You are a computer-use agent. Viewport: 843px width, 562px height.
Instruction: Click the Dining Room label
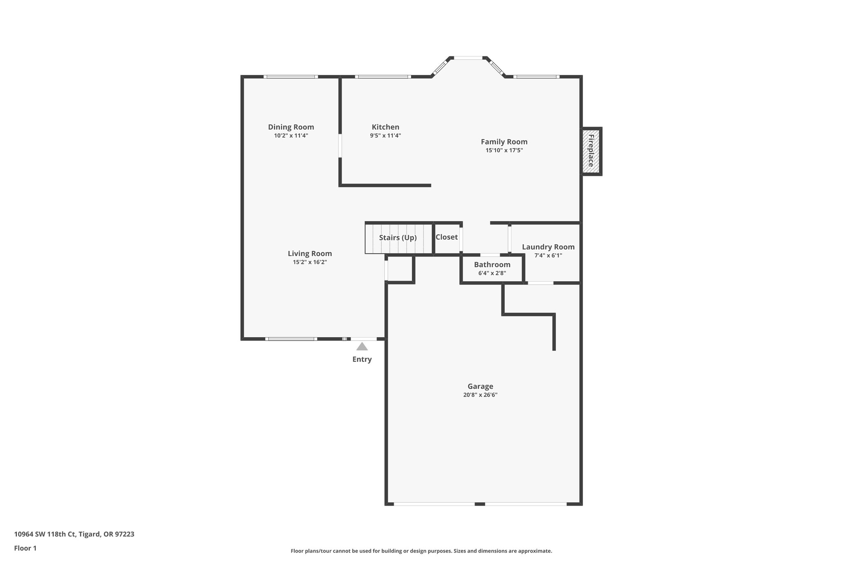(291, 127)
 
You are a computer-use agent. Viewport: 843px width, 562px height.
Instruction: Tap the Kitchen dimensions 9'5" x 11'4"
(385, 135)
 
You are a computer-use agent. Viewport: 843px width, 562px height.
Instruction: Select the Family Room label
(504, 142)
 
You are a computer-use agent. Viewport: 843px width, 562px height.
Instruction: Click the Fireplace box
(591, 151)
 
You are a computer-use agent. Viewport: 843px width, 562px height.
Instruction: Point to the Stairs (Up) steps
(398, 238)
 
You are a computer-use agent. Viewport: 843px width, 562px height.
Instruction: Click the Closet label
(447, 237)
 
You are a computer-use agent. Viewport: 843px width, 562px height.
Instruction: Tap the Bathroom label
(492, 265)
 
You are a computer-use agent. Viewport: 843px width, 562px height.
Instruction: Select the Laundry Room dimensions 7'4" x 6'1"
(548, 255)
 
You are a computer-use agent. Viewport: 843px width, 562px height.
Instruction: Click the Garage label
(480, 386)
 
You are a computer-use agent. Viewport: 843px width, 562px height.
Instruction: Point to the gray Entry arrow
(362, 346)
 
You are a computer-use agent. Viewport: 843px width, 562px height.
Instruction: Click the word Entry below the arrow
(362, 359)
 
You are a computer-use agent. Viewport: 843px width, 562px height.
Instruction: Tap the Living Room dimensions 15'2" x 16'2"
(310, 262)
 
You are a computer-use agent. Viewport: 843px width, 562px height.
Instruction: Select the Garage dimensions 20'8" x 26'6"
(480, 395)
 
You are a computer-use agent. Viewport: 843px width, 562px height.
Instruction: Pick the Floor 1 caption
(26, 548)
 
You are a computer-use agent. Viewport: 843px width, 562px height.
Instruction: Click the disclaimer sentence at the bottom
(421, 551)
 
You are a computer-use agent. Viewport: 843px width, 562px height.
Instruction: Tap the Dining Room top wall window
(291, 77)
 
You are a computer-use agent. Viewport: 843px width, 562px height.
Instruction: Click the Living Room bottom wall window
(291, 339)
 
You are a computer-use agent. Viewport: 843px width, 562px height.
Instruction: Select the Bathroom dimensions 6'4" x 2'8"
(492, 273)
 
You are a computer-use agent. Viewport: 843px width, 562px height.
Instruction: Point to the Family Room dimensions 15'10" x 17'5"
(504, 150)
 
